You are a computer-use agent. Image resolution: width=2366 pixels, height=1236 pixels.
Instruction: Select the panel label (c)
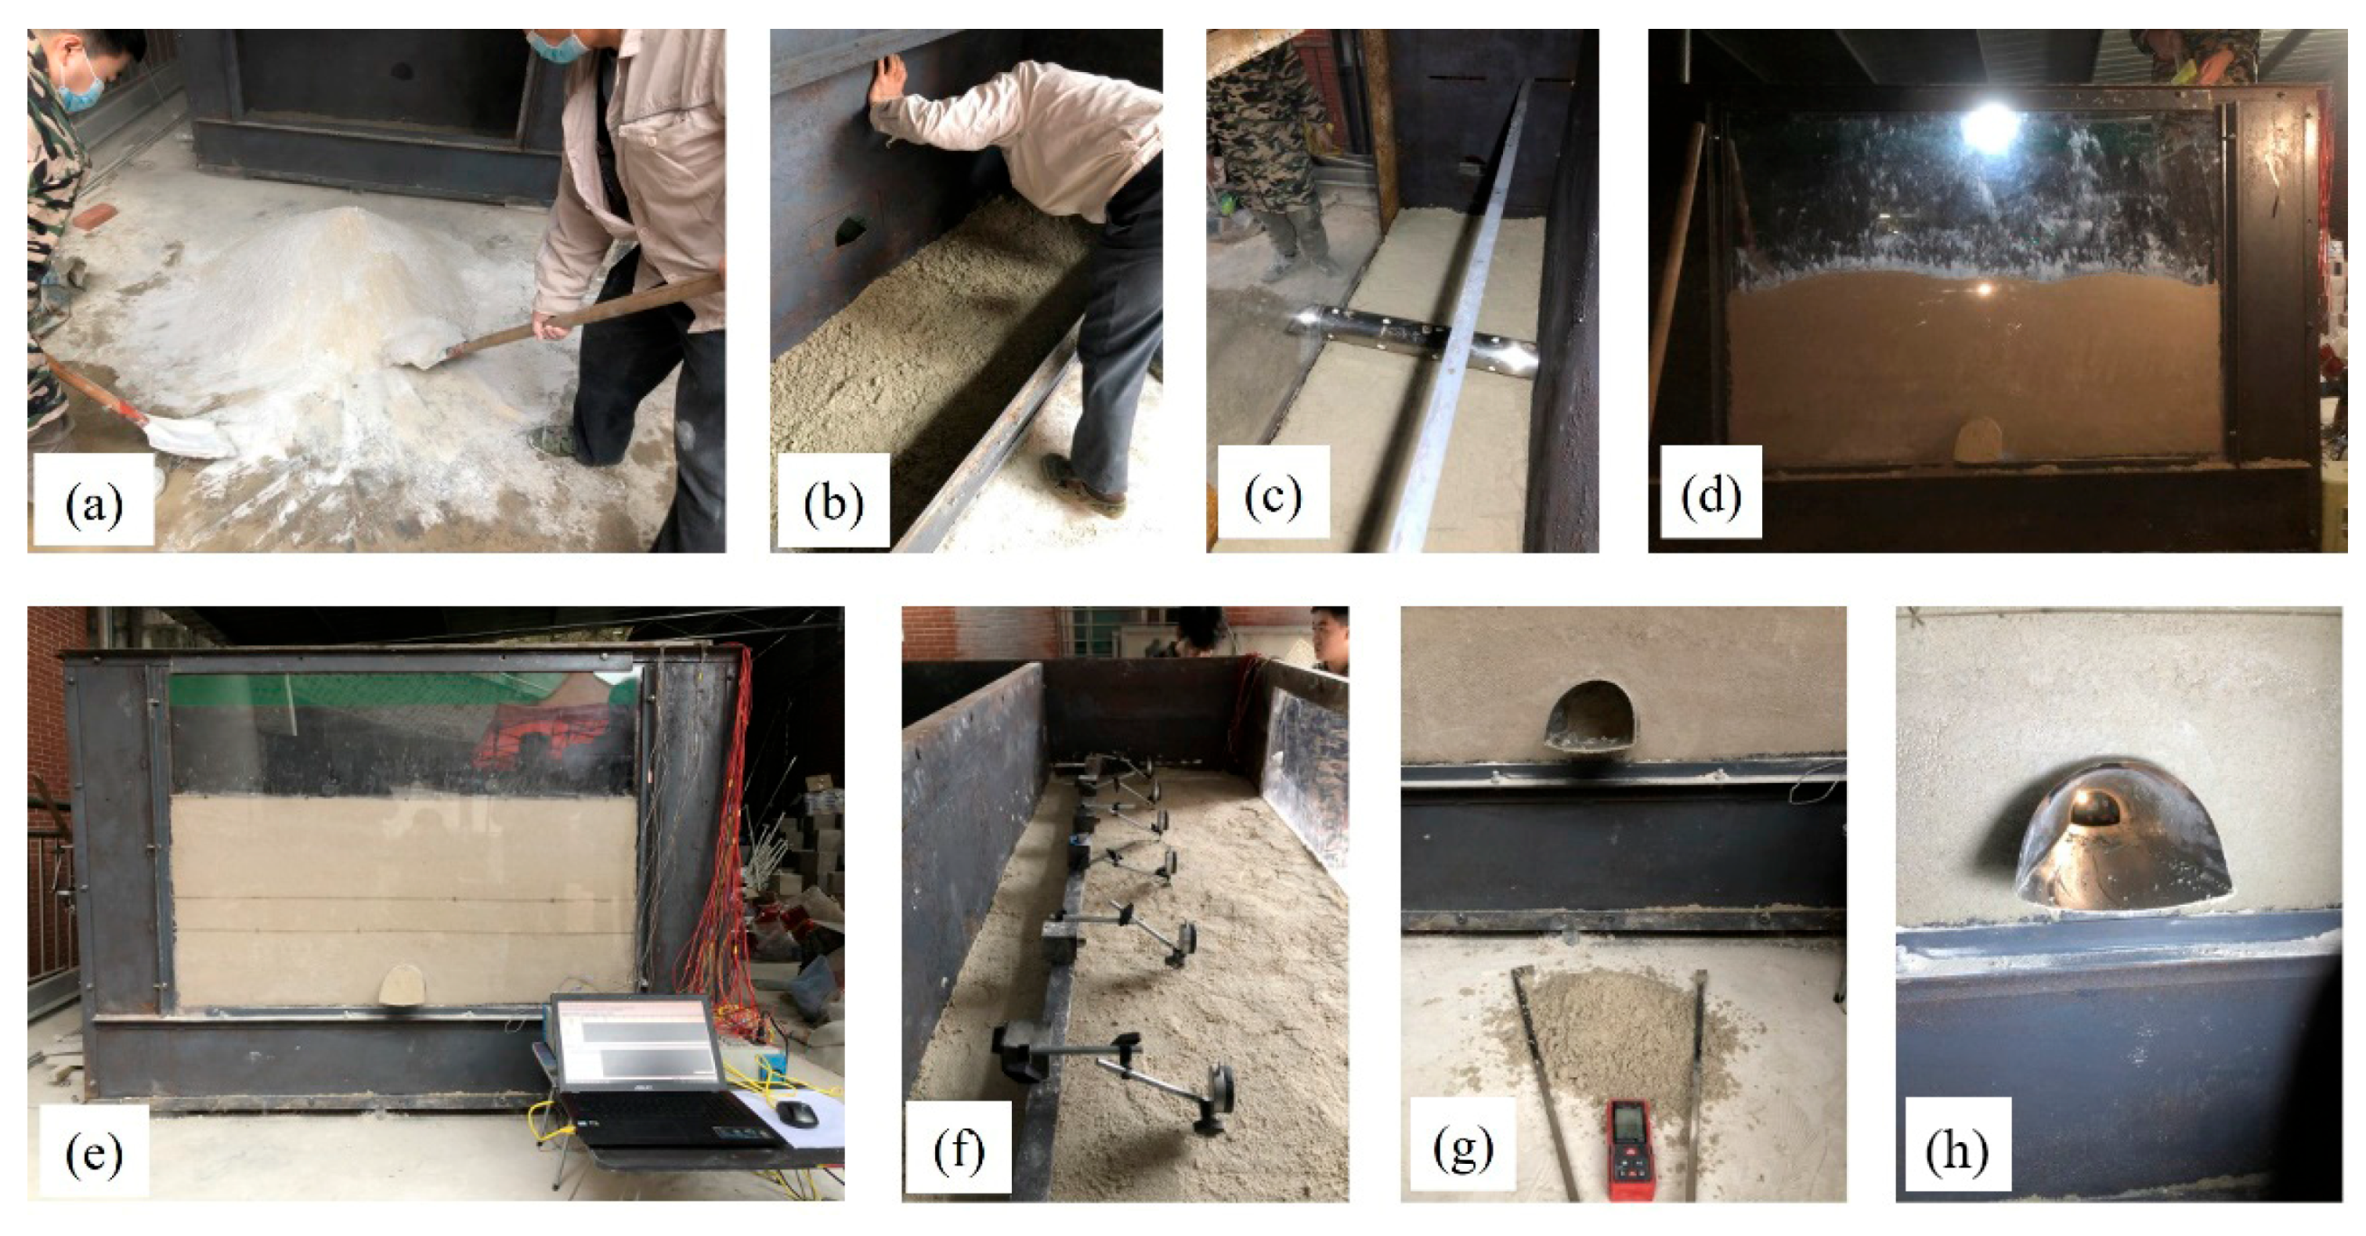pos(1273,496)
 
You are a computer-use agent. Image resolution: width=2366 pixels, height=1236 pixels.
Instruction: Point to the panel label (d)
pos(1712,496)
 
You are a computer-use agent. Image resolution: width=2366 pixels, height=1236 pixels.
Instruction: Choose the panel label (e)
pos(94,1153)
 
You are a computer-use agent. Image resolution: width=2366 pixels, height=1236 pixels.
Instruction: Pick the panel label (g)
pos(1463,1148)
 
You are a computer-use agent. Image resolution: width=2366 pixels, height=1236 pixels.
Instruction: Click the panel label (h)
pos(1957,1148)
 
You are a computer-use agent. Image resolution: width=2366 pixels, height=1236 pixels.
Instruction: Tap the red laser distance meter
pos(1630,1149)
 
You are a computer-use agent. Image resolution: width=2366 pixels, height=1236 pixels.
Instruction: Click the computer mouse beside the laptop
pos(795,1113)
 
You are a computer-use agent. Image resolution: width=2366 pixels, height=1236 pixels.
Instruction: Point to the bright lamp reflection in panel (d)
pos(1991,128)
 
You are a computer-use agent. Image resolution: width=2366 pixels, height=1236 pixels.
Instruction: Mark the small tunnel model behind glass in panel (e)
pos(404,985)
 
